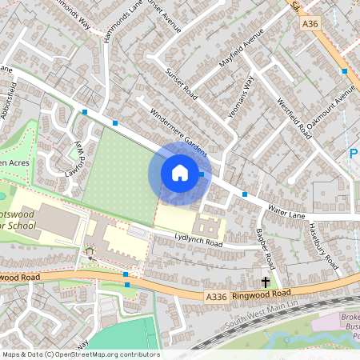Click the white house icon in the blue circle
[x=180, y=173]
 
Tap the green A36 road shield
[x=311, y=25]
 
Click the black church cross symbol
[x=265, y=282]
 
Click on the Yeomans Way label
[x=239, y=97]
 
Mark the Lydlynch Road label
[x=198, y=239]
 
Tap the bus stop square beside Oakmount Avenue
[x=344, y=71]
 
